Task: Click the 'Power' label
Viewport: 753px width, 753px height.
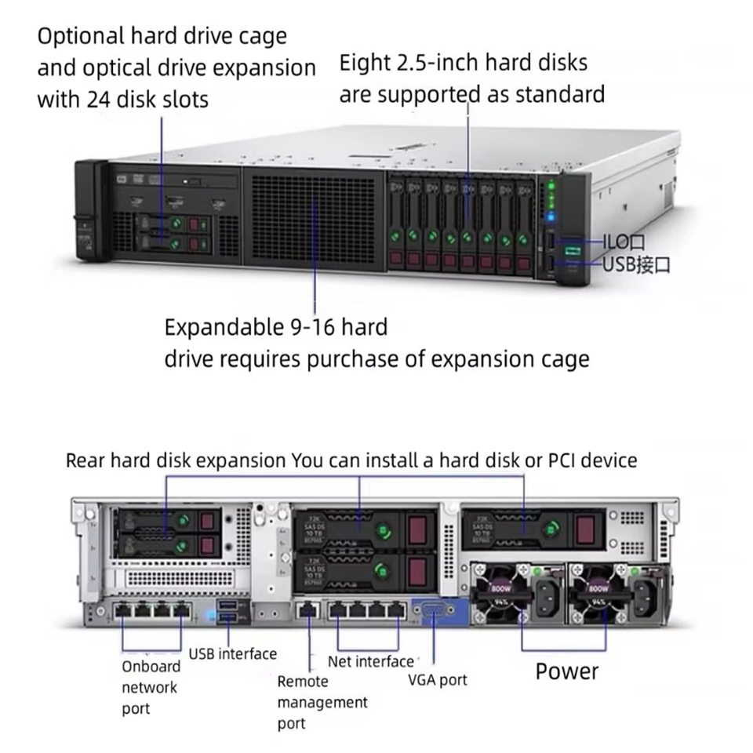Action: [x=566, y=671]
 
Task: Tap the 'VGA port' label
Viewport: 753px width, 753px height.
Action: [x=437, y=679]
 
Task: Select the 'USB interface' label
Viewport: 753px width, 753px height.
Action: [x=233, y=653]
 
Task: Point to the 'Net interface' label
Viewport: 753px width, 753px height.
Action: [x=370, y=661]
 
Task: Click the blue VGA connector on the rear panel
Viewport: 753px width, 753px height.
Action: [x=436, y=612]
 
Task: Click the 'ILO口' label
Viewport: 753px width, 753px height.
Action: [x=624, y=242]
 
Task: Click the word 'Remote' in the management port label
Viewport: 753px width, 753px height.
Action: [x=303, y=682]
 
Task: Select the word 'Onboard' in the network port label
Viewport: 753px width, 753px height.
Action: [x=151, y=667]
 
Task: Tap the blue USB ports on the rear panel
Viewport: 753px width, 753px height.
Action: [x=228, y=611]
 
